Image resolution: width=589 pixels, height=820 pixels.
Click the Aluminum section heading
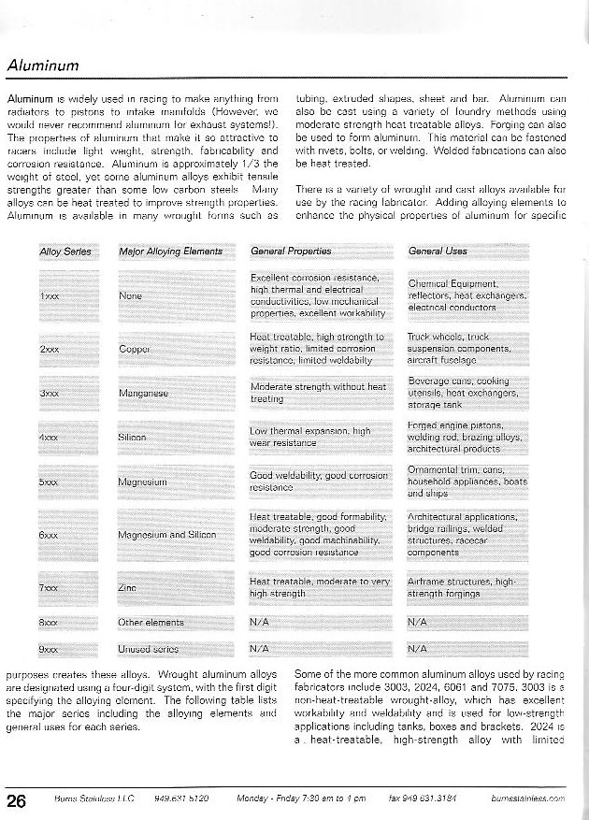tap(42, 65)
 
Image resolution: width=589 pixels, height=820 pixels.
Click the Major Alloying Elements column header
tap(171, 252)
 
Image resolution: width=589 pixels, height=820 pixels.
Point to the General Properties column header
tap(291, 252)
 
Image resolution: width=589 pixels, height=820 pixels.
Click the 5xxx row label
tap(50, 482)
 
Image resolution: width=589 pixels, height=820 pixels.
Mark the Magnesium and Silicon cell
tap(168, 535)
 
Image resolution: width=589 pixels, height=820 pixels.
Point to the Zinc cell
tap(128, 587)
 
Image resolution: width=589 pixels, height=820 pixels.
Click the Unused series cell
tap(149, 648)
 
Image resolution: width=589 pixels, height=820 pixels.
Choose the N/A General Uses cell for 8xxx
tap(418, 621)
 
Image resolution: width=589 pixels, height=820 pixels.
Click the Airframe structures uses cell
tap(462, 587)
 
